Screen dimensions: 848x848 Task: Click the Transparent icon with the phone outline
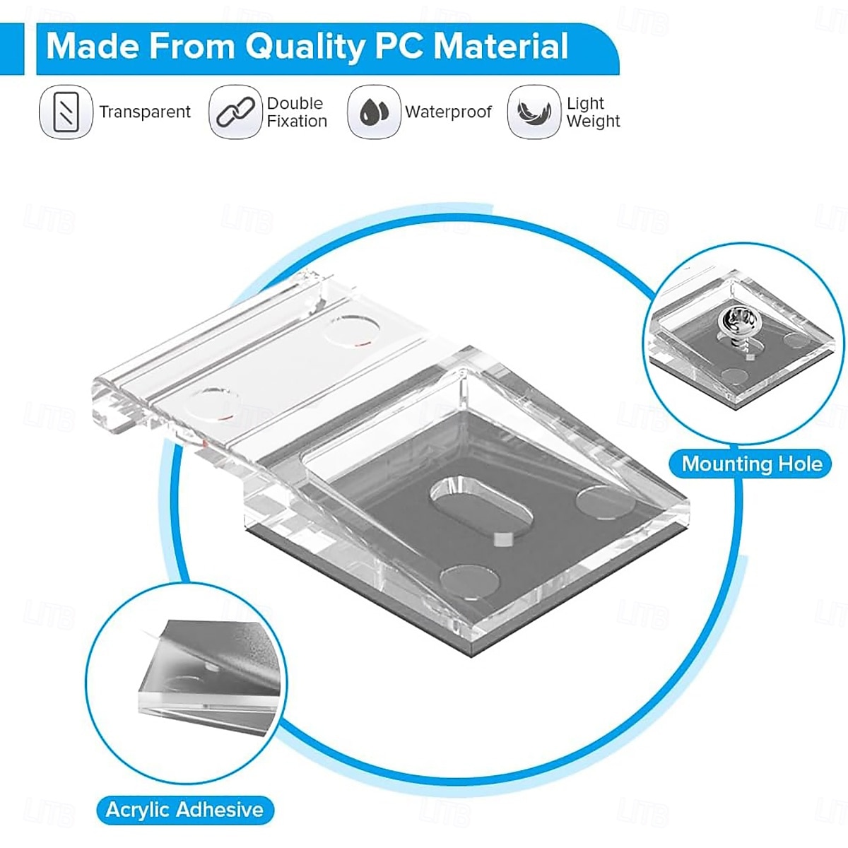click(66, 112)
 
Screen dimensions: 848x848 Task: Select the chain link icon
click(235, 112)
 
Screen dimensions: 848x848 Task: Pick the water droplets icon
click(374, 112)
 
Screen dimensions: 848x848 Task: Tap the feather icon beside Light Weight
click(534, 112)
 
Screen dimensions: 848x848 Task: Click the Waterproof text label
click(448, 112)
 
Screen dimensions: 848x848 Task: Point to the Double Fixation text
click(297, 112)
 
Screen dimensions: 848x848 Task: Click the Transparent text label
click(145, 112)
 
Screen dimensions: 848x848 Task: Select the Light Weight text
click(593, 112)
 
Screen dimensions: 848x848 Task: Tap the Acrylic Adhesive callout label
click(185, 810)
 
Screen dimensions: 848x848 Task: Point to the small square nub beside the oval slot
click(502, 538)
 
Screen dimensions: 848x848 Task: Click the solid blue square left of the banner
click(12, 49)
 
